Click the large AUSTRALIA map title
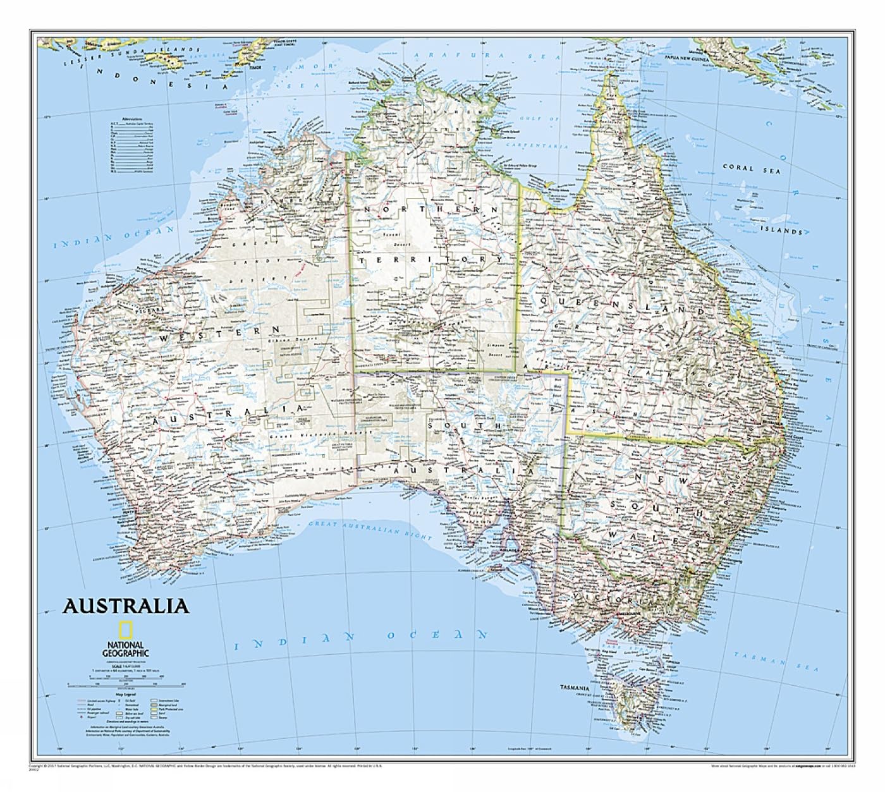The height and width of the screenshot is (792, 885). point(125,606)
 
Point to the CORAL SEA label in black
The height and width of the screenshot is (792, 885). point(752,169)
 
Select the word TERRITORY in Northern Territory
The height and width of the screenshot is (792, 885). point(430,260)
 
